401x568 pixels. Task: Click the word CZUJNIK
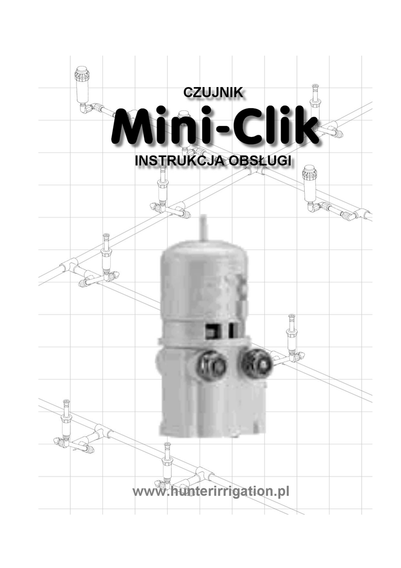coord(213,92)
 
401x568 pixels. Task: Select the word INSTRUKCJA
coord(181,160)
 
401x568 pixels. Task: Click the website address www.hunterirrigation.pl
coord(211,491)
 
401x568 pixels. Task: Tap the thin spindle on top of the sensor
coord(204,227)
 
